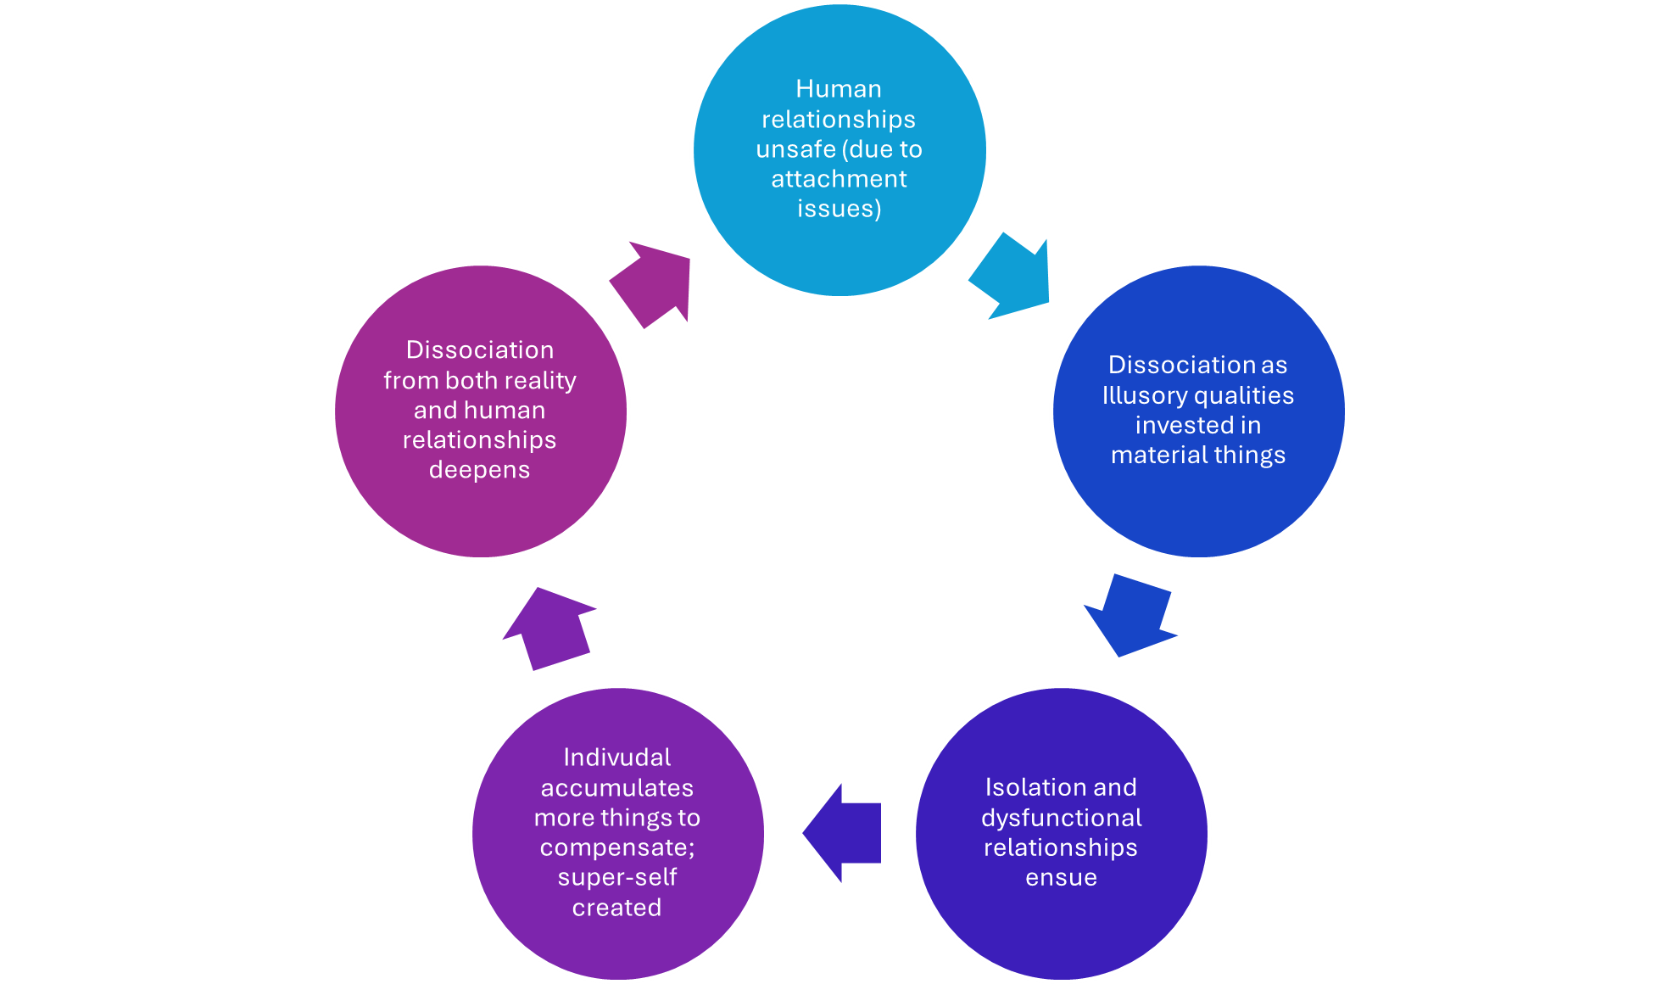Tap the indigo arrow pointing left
click(x=845, y=832)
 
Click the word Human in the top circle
click(x=839, y=89)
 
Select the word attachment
click(x=839, y=179)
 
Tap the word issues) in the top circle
click(x=839, y=209)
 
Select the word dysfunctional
click(x=1062, y=818)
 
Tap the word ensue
click(x=1062, y=878)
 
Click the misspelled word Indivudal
click(x=617, y=758)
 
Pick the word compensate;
click(x=617, y=847)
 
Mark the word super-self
click(x=617, y=877)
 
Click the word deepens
click(x=480, y=470)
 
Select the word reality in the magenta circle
click(x=540, y=381)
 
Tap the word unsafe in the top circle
click(x=796, y=149)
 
